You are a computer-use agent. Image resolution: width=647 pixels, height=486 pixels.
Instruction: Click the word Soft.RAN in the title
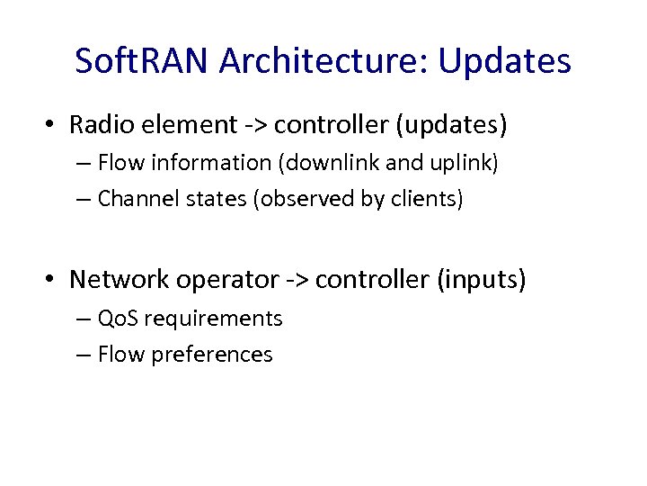(x=141, y=61)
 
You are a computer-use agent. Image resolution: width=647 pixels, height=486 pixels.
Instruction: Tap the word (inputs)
(x=481, y=280)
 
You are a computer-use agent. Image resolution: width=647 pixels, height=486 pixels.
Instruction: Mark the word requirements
(x=213, y=319)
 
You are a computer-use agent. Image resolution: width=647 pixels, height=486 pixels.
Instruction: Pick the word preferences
(x=212, y=355)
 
